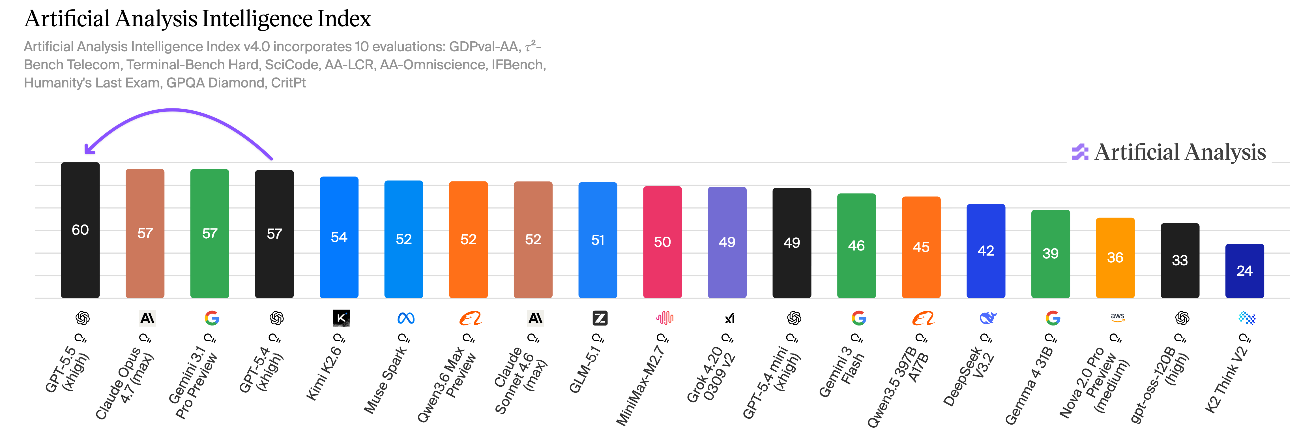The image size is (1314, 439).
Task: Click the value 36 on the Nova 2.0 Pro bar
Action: click(1115, 257)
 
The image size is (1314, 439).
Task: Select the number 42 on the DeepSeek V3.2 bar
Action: click(985, 251)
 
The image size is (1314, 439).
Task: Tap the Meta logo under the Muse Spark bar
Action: click(405, 318)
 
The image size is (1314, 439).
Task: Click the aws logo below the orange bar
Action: click(1117, 318)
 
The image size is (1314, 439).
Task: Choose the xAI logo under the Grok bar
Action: click(729, 318)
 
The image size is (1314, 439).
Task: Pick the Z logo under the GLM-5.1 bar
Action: click(600, 318)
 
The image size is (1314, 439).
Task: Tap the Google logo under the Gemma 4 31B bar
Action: click(1052, 318)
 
